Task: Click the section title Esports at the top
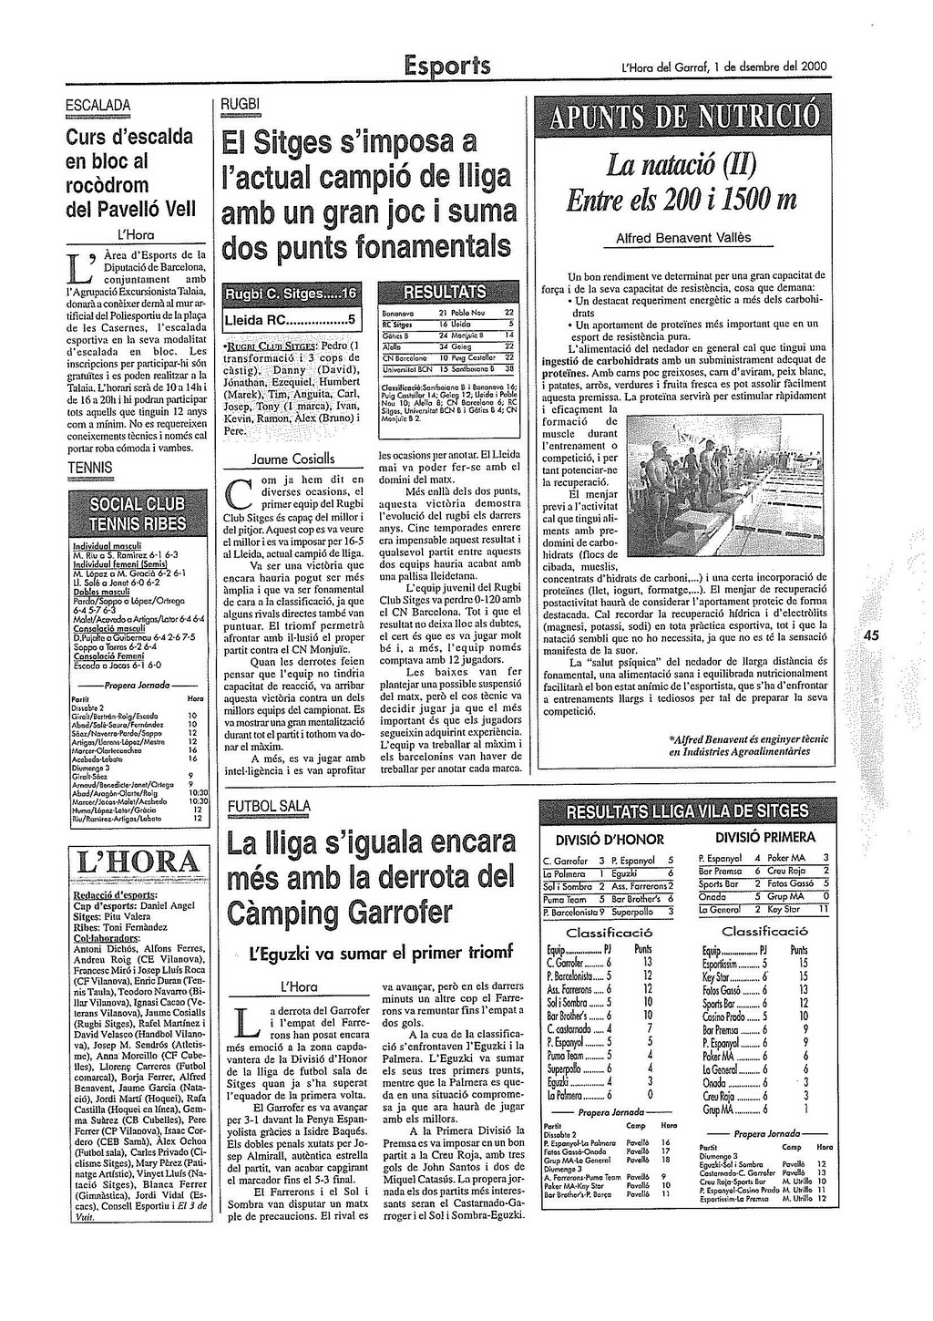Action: coord(447,65)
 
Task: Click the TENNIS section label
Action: coord(90,468)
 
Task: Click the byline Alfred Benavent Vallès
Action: coord(683,238)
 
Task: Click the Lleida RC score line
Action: coord(290,320)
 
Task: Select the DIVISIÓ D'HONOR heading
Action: coord(610,839)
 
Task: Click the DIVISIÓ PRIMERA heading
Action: coord(764,837)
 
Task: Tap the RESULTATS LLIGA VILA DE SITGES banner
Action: coord(687,811)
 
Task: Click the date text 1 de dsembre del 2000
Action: coord(771,66)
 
